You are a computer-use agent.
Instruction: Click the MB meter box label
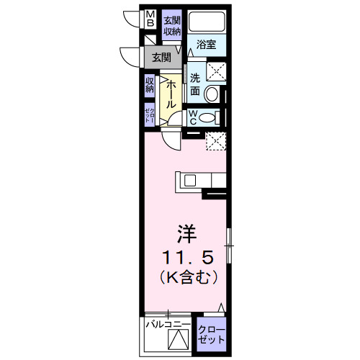click(150, 19)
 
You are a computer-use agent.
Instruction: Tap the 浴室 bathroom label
click(207, 45)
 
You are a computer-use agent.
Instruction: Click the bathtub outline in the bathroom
click(207, 23)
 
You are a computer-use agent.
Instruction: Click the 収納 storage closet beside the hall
click(150, 85)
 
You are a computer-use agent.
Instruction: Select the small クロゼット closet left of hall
click(150, 114)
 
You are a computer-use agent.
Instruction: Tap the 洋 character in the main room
click(186, 234)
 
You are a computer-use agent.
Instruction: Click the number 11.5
click(186, 256)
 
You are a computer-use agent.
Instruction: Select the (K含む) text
click(186, 275)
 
